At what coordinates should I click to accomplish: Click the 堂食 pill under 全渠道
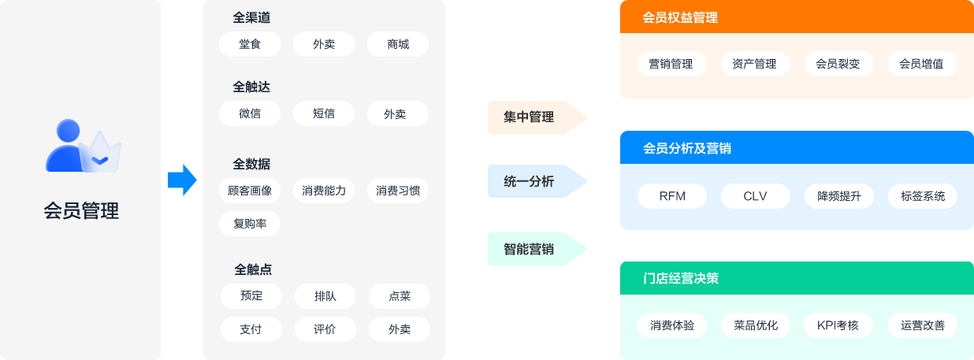click(250, 44)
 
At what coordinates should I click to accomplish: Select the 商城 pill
click(398, 44)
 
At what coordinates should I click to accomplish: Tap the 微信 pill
click(250, 113)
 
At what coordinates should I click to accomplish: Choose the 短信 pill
click(323, 113)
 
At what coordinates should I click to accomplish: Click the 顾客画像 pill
click(250, 191)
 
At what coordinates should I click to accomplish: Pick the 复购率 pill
click(250, 224)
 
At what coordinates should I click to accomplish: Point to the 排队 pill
click(325, 296)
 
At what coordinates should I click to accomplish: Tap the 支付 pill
click(250, 329)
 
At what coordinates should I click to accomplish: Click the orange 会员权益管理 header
click(796, 17)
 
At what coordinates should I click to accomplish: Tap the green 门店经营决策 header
click(796, 278)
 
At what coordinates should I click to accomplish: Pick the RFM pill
click(672, 196)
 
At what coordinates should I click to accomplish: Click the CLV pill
click(755, 196)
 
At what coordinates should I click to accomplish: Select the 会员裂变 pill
click(838, 64)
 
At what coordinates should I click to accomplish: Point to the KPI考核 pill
click(838, 325)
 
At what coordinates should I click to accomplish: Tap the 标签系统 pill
click(922, 196)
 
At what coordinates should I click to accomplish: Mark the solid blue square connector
click(182, 180)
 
